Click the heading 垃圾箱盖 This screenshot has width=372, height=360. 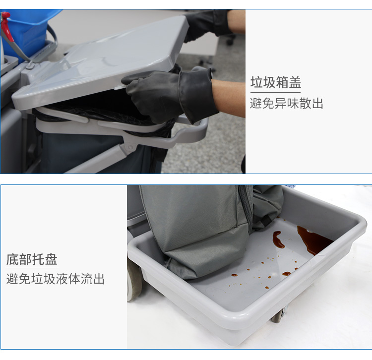point(276,82)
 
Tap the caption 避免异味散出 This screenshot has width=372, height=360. point(287,104)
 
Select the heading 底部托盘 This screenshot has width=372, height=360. point(32,259)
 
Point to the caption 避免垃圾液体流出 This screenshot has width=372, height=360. point(56,279)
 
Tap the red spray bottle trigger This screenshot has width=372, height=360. point(7,26)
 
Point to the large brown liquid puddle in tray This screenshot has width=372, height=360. point(313,240)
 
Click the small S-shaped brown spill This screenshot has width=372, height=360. point(278,240)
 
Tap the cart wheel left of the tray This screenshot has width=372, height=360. point(134,280)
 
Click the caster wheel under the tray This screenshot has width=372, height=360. point(279,315)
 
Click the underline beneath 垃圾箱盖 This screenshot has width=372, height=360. point(275,92)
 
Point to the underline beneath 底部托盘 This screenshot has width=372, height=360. point(32,268)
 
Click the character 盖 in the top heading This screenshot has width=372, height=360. point(295,82)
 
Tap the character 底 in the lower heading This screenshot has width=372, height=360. point(12,259)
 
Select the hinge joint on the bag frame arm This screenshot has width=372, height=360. point(129,147)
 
